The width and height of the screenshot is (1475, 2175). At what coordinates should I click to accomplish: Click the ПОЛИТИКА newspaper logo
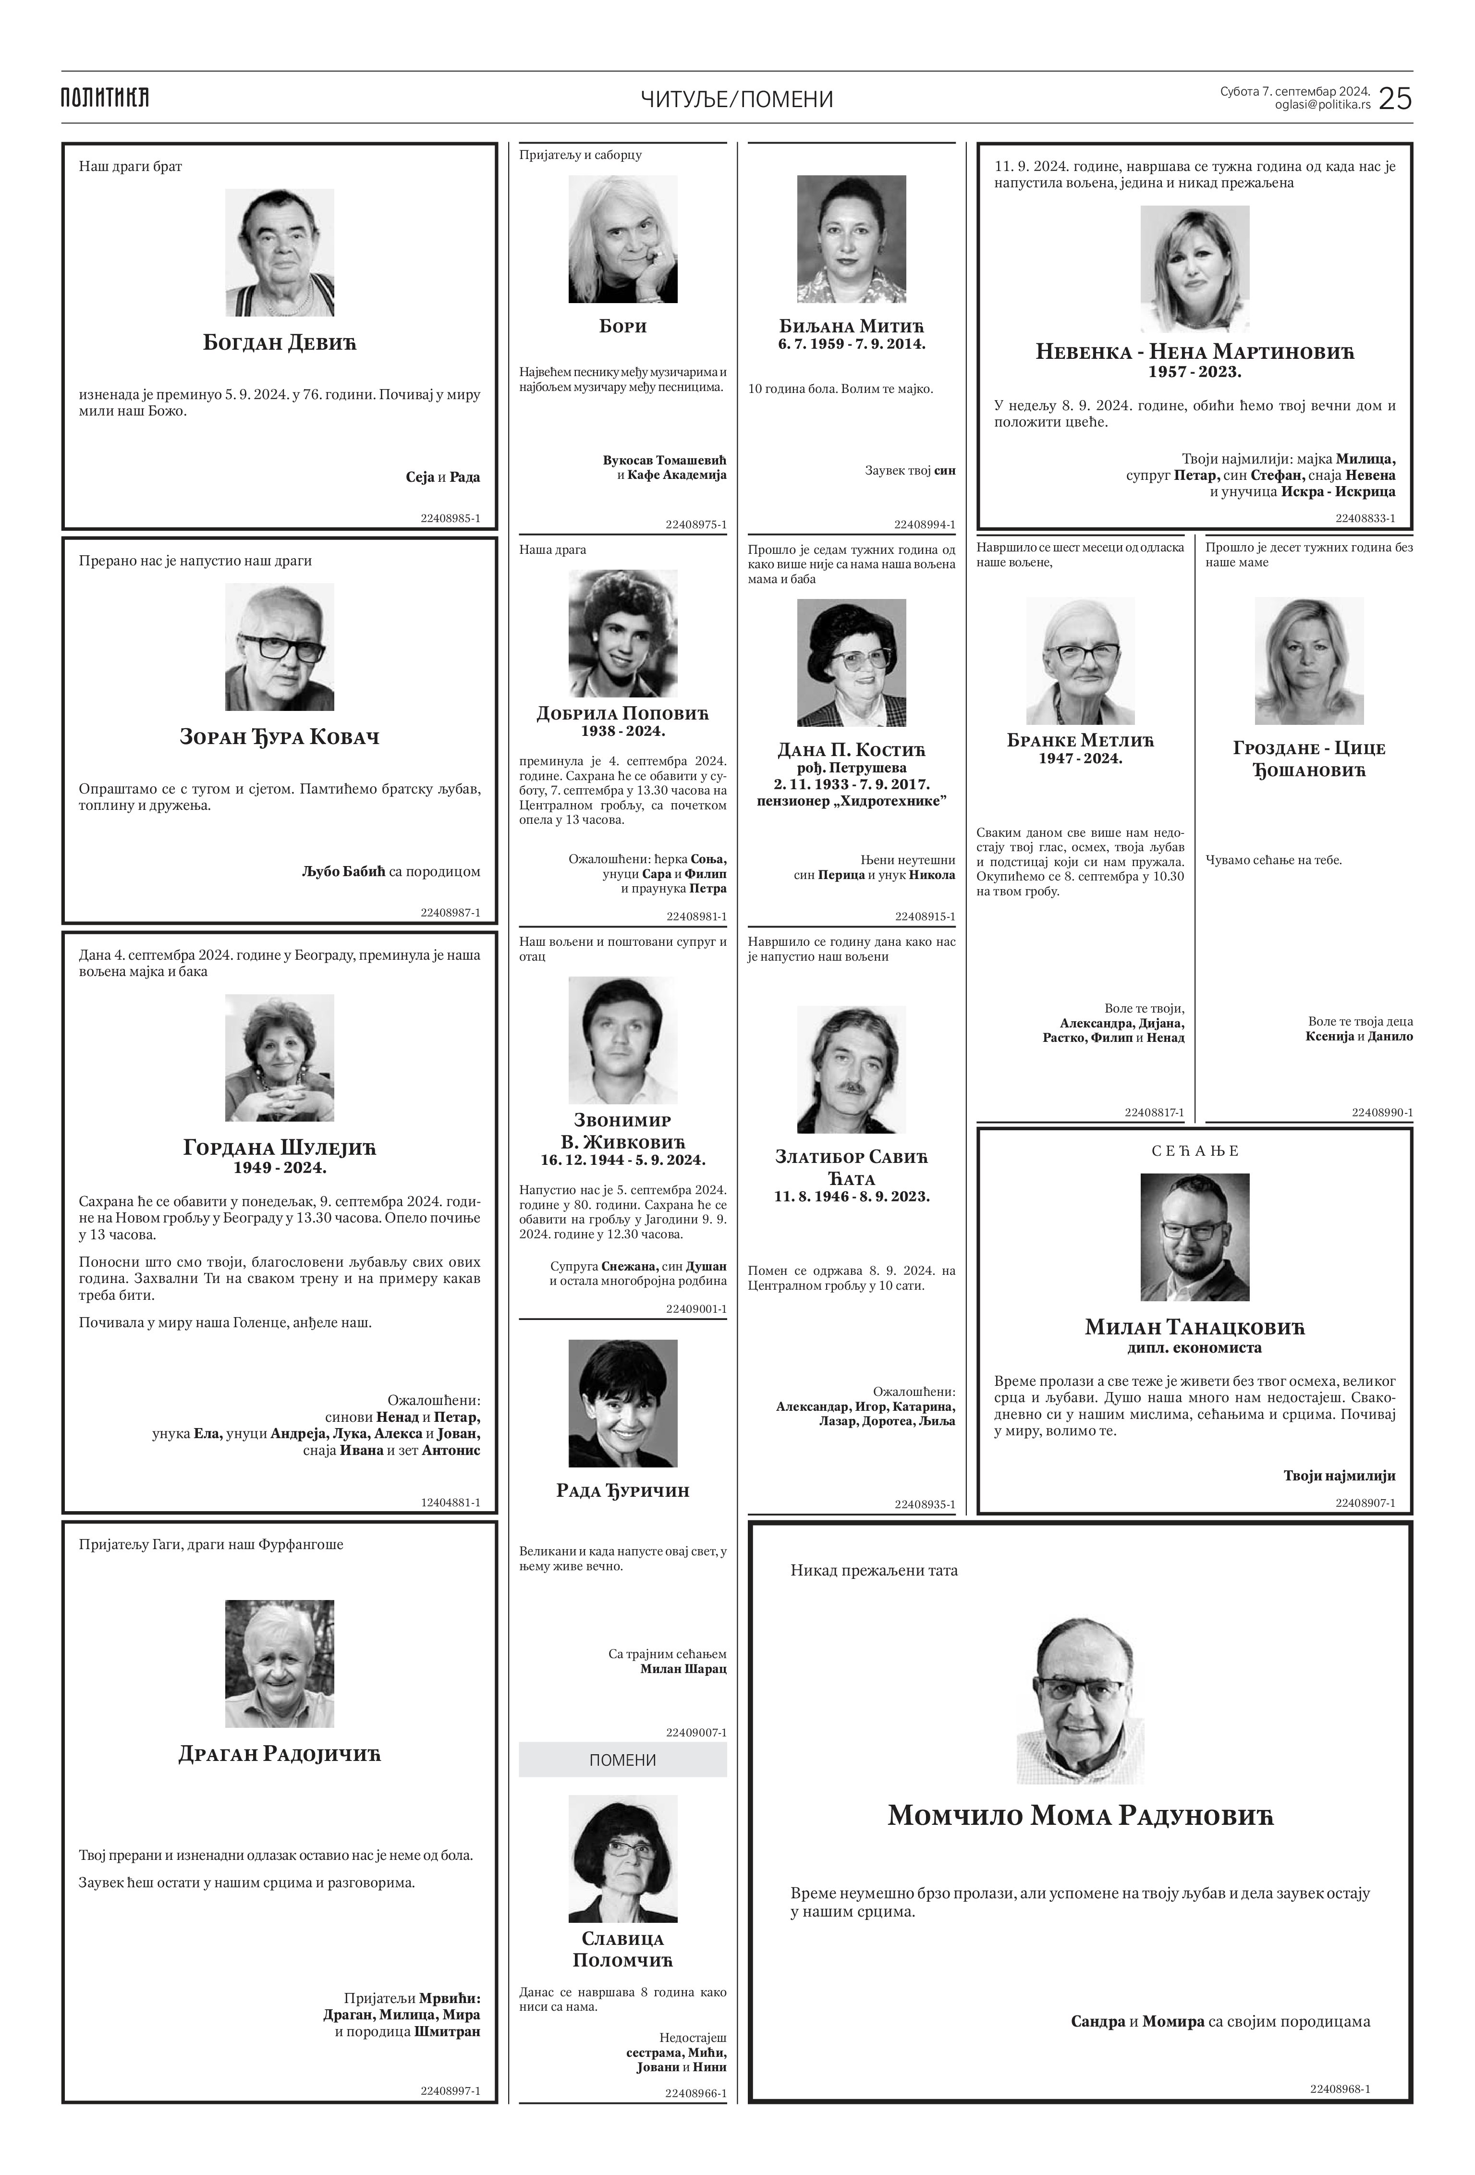[105, 98]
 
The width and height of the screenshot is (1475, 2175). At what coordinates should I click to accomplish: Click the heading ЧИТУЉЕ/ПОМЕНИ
[737, 99]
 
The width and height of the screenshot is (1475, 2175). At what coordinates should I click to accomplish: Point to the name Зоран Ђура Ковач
[279, 737]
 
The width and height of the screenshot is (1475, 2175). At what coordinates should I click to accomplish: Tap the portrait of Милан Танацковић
[1194, 1237]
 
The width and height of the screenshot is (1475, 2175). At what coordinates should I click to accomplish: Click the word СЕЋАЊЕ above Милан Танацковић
[1194, 1151]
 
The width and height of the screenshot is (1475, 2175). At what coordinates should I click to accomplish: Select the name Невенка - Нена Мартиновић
[1194, 353]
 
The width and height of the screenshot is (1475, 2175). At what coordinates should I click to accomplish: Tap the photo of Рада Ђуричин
[622, 1403]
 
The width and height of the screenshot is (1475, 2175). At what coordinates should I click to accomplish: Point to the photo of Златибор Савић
[851, 1070]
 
